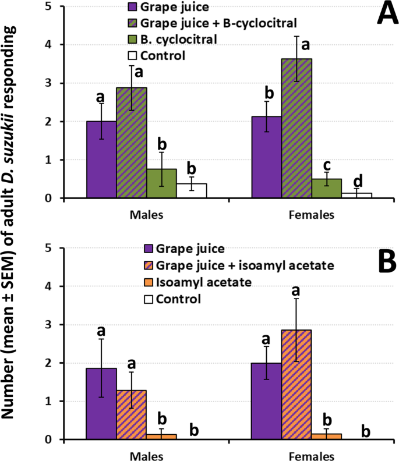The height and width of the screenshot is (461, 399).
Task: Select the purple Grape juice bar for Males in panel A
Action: click(x=101, y=159)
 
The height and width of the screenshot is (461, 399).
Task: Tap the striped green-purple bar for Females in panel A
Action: click(x=296, y=128)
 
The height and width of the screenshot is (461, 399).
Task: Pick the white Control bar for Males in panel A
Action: click(x=192, y=190)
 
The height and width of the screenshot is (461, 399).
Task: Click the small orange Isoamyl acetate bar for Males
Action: click(x=161, y=437)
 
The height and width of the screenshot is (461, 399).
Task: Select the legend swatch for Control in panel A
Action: click(x=133, y=56)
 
